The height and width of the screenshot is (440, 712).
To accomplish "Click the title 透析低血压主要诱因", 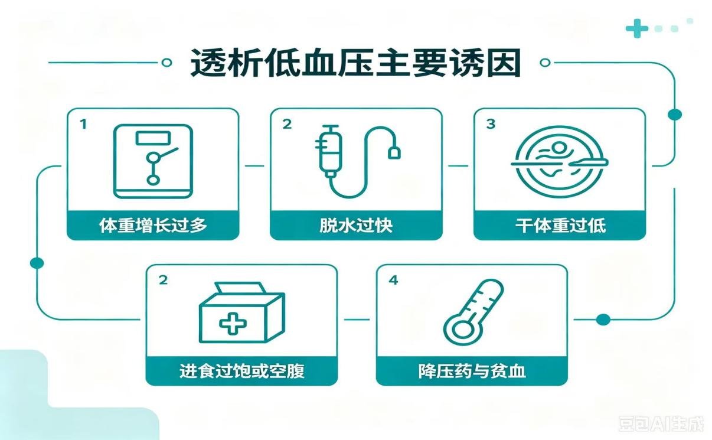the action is pyautogui.click(x=355, y=63).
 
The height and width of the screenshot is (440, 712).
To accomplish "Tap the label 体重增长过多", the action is pyautogui.click(x=153, y=226).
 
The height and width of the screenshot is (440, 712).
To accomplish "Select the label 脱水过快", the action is pyautogui.click(x=356, y=226).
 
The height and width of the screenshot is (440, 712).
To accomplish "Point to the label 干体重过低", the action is pyautogui.click(x=560, y=226).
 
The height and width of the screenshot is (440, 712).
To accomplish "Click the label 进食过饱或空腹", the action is pyautogui.click(x=242, y=371).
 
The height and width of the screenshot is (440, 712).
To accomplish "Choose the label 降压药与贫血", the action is pyautogui.click(x=472, y=371).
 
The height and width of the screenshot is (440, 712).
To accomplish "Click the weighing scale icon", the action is pyautogui.click(x=153, y=161).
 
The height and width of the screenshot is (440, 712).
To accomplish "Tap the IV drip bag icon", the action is pyautogui.click(x=358, y=161).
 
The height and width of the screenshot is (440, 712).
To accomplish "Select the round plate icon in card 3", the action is pyautogui.click(x=560, y=162).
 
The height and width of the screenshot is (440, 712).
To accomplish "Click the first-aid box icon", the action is pyautogui.click(x=242, y=312).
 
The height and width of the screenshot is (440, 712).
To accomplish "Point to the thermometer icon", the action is pyautogui.click(x=473, y=312).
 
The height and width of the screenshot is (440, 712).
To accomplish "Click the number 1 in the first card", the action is pyautogui.click(x=83, y=124).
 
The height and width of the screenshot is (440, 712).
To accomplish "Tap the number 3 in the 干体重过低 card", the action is pyautogui.click(x=491, y=124).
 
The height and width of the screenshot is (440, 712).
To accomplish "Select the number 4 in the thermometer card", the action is pyautogui.click(x=394, y=280).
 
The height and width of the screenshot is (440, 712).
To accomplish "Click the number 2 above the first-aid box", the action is pyautogui.click(x=163, y=280).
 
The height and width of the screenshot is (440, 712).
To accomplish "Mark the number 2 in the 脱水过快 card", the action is pyautogui.click(x=287, y=124).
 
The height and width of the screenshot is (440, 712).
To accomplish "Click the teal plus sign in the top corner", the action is pyautogui.click(x=637, y=28).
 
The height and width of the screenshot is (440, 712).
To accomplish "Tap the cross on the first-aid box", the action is pyautogui.click(x=233, y=324).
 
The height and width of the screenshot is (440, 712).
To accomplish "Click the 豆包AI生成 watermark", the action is pyautogui.click(x=661, y=424).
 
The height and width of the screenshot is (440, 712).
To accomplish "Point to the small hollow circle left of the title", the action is pyautogui.click(x=166, y=63).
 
